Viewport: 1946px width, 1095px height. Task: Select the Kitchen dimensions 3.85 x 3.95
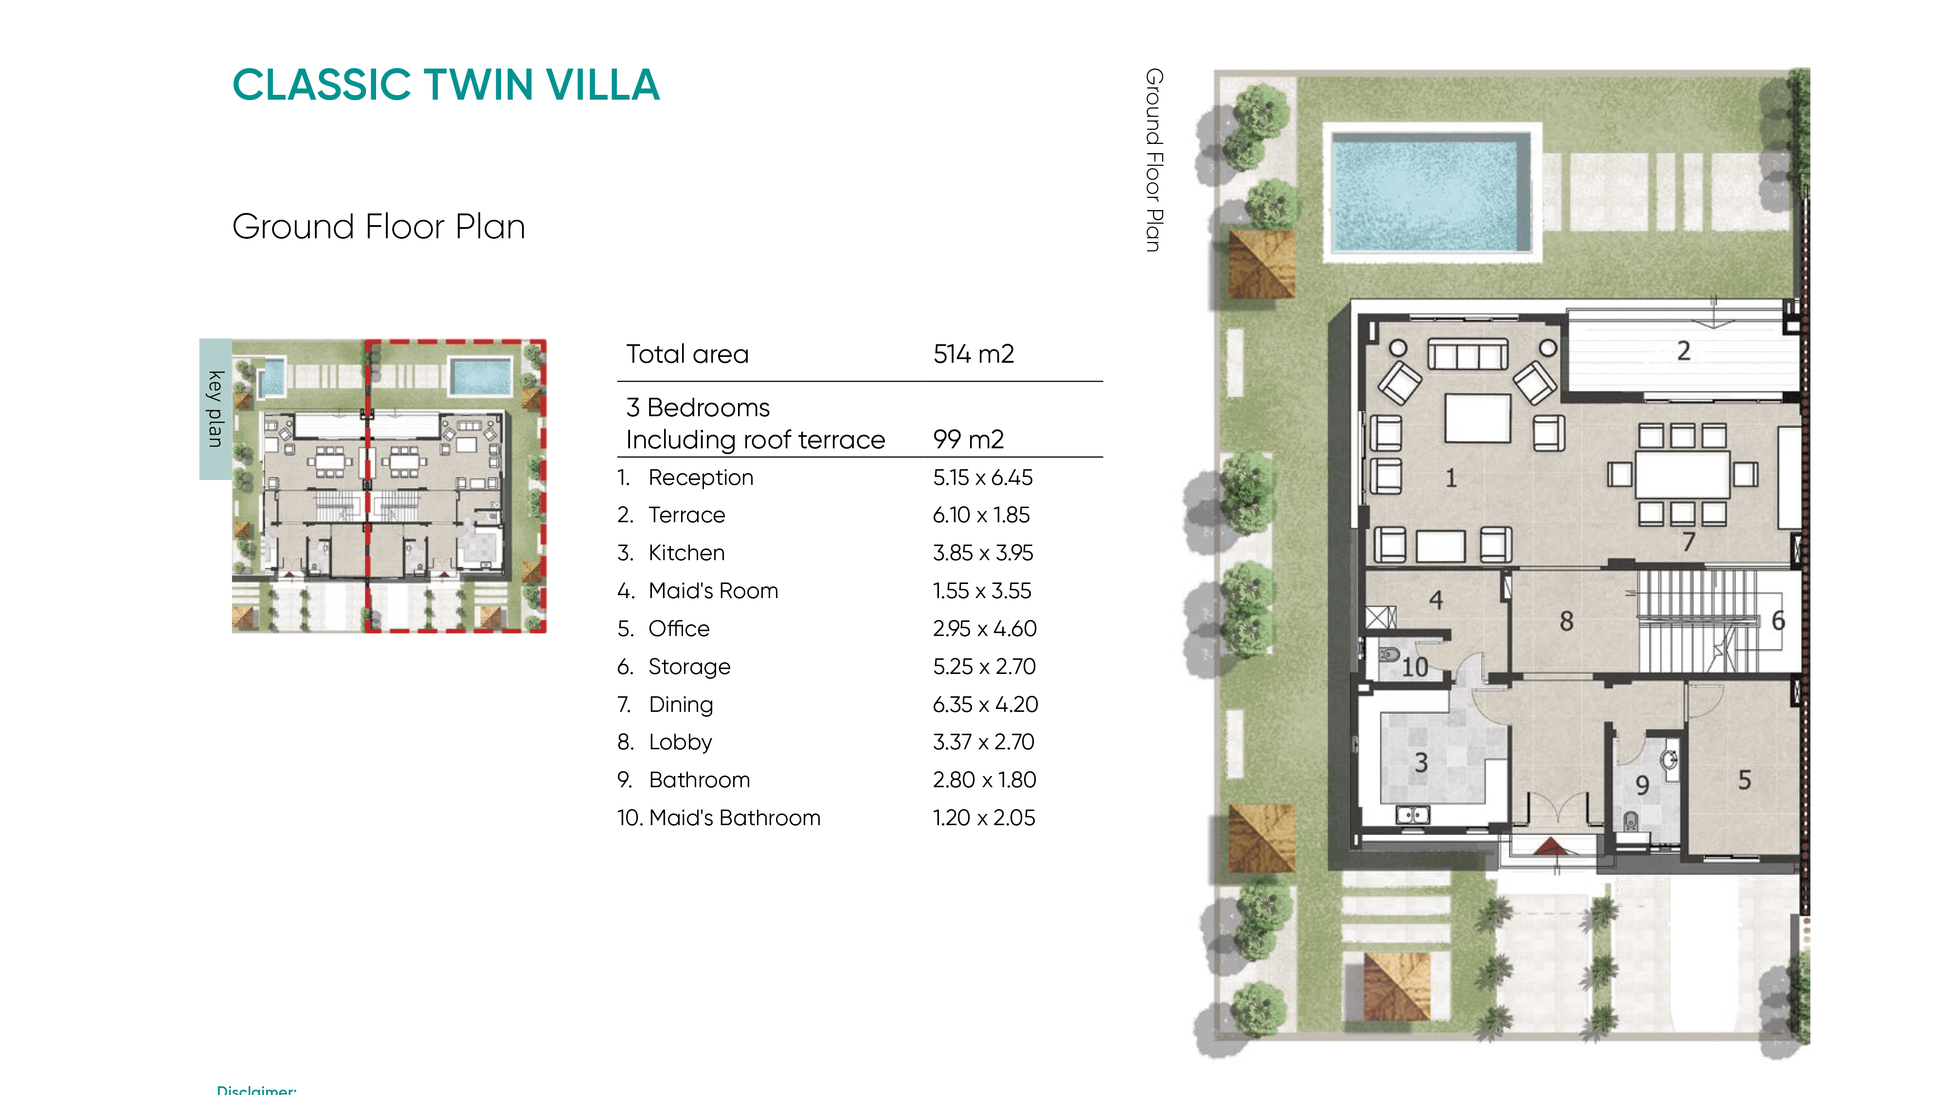(983, 553)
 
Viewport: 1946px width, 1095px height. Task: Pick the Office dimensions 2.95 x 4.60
(984, 628)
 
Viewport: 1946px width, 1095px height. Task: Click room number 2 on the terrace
(1684, 351)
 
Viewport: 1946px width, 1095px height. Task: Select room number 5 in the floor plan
(1744, 780)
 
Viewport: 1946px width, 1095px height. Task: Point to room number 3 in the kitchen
(1421, 763)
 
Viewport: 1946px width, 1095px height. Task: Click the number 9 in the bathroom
(1641, 785)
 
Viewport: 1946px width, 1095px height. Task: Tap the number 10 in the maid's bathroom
(1415, 667)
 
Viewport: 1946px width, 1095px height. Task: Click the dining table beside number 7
(1682, 474)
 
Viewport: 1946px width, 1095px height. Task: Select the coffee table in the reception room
(1478, 418)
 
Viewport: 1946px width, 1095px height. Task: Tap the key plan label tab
(216, 408)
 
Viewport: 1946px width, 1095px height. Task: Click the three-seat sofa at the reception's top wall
(1468, 353)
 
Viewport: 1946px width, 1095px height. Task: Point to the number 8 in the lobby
(1567, 621)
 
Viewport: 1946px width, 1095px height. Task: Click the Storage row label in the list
(689, 667)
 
